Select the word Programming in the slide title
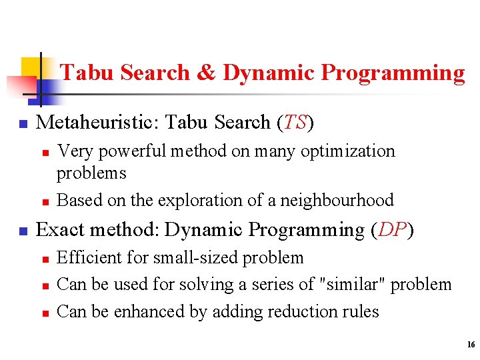(393, 73)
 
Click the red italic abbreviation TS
(293, 123)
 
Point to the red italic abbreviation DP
(391, 230)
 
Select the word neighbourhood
(338, 200)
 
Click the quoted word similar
(352, 285)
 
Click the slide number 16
(471, 345)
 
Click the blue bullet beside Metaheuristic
(22, 124)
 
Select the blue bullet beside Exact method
(22, 231)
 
